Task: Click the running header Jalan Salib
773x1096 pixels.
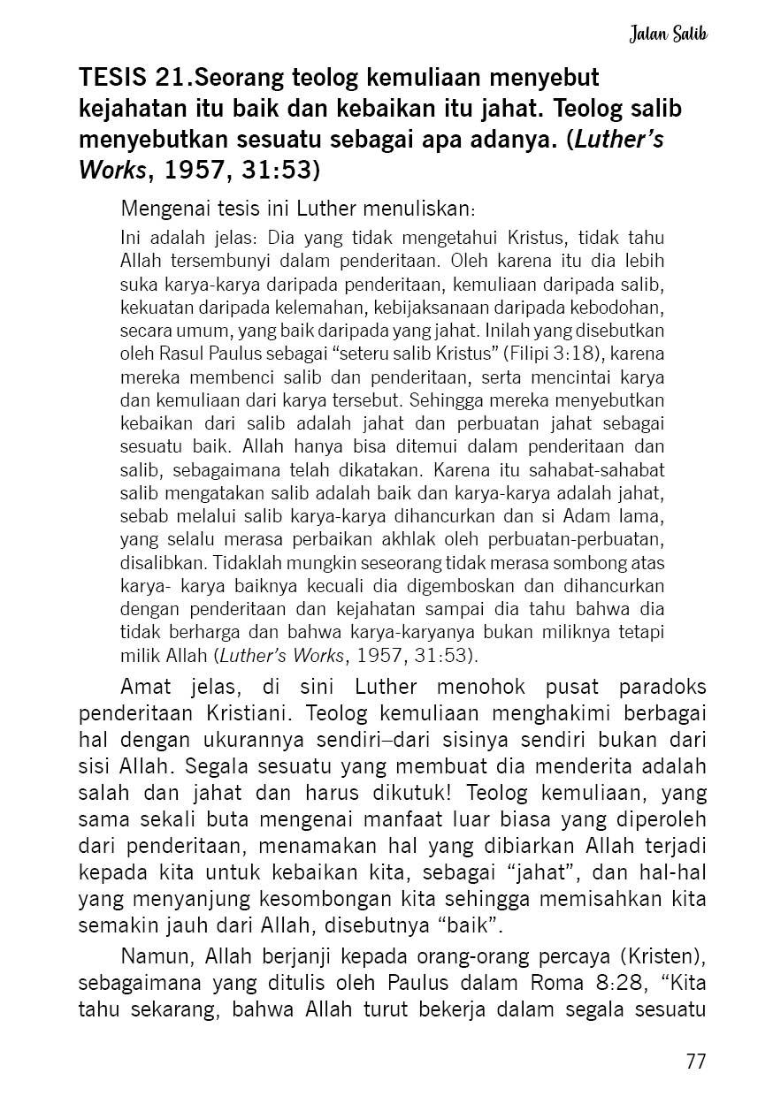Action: (x=670, y=35)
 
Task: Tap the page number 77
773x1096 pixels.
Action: (x=696, y=1062)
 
